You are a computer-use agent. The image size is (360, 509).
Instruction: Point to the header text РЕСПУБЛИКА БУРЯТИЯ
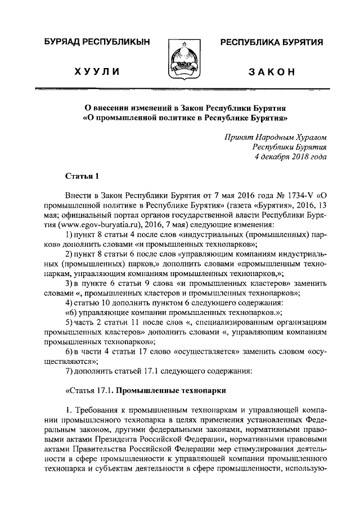(x=271, y=43)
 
